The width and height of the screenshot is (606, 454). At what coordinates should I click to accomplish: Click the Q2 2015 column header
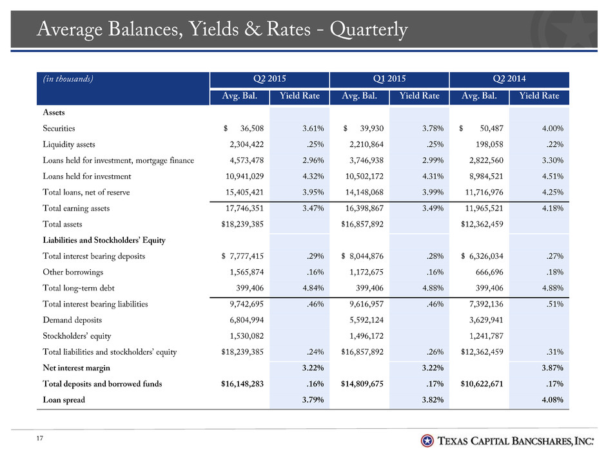(269, 79)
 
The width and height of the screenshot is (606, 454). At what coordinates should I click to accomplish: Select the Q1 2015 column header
(389, 79)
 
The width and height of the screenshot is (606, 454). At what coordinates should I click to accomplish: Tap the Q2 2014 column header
(509, 79)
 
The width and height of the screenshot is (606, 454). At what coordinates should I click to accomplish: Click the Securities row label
(59, 128)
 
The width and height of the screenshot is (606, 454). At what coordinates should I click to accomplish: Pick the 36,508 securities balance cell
(251, 128)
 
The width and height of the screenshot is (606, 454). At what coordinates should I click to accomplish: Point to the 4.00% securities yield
(552, 128)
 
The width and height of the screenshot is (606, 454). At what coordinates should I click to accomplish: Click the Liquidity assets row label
(69, 144)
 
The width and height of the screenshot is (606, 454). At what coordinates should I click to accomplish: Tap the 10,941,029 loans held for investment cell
(244, 176)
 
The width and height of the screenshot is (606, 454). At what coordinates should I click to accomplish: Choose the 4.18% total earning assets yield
(552, 208)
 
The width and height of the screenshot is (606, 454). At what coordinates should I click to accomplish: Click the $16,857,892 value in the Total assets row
(362, 224)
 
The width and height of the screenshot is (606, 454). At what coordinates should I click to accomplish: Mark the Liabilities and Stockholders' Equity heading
(104, 240)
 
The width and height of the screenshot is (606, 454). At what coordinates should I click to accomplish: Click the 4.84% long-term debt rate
(313, 288)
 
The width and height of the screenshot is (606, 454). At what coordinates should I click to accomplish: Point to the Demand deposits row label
(72, 320)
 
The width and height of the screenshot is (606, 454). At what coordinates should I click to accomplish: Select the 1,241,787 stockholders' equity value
(486, 336)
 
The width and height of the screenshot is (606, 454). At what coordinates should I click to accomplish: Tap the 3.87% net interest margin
(552, 368)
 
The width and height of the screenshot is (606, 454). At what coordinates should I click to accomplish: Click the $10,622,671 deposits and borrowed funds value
(482, 384)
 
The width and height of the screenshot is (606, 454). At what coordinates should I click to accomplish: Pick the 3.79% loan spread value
(313, 400)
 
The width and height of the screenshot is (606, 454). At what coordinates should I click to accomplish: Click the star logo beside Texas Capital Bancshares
(427, 440)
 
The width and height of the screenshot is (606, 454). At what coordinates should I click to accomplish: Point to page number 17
(40, 438)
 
